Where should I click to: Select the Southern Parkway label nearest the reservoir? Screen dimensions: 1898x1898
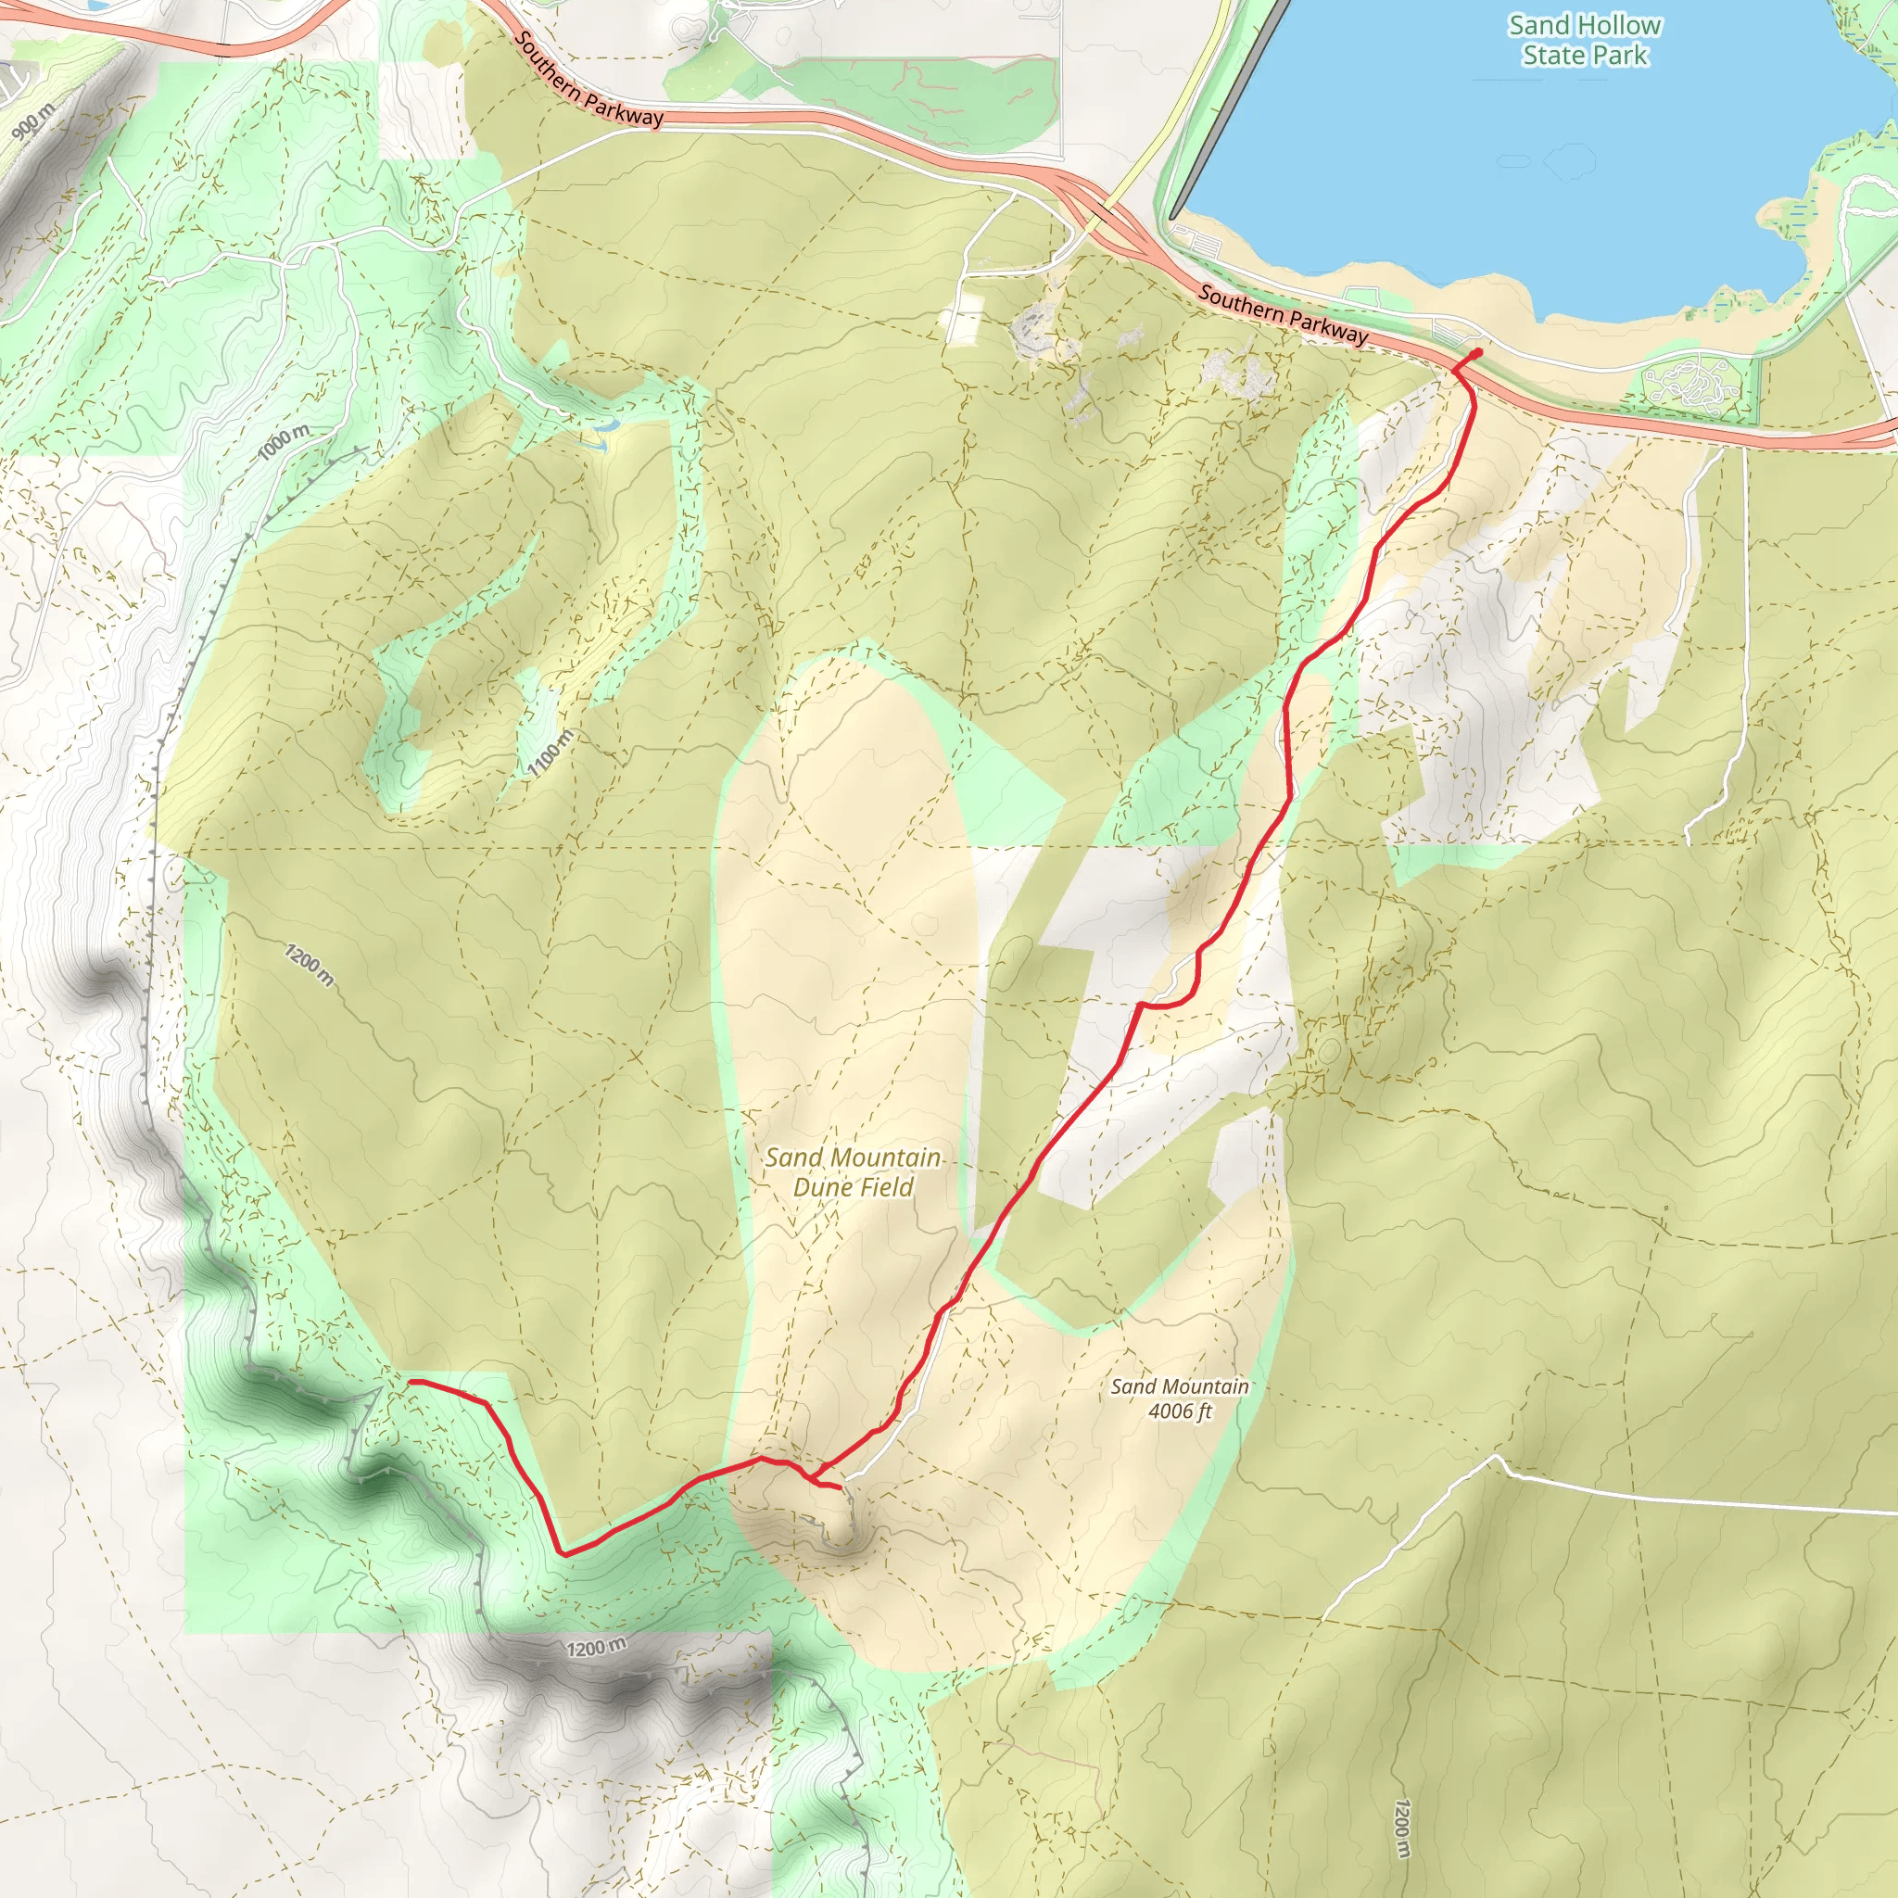point(1283,314)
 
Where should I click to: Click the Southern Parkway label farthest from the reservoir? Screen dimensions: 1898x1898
point(589,80)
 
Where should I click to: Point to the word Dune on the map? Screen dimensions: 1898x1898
point(822,1188)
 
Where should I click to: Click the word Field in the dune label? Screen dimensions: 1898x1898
point(884,1188)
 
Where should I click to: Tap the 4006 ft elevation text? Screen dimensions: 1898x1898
point(1180,1411)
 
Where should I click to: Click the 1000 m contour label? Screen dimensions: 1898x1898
point(284,442)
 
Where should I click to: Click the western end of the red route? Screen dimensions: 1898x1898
point(411,1381)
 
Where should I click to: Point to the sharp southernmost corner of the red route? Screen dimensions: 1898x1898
point(563,1553)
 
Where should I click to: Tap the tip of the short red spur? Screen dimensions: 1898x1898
point(838,1488)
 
